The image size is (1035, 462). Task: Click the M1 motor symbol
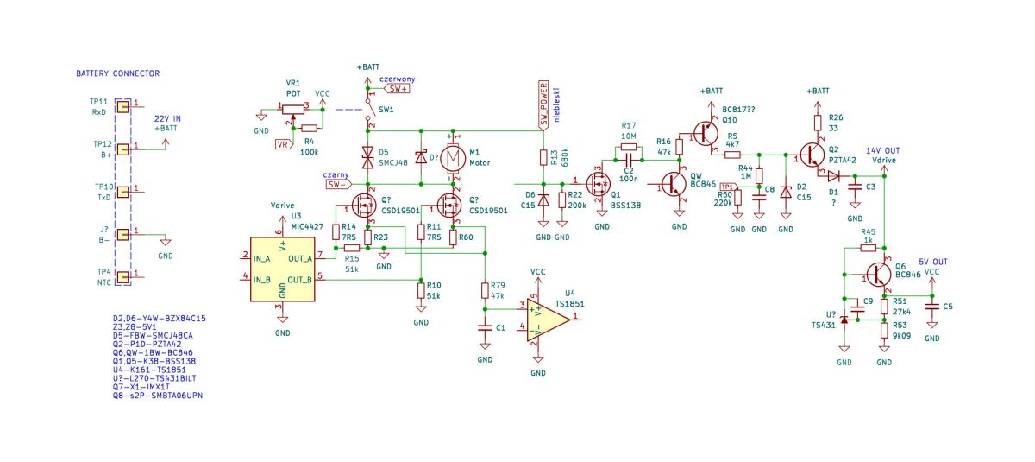453,159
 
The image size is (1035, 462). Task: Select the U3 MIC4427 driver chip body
282,269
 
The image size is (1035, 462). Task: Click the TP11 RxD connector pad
122,107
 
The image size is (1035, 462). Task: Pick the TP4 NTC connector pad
122,277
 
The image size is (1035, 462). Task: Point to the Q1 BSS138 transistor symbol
599,184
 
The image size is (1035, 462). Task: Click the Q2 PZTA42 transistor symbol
812,155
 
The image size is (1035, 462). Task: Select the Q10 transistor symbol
706,134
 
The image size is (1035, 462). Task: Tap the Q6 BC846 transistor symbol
878,275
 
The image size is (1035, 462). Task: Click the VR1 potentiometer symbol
293,110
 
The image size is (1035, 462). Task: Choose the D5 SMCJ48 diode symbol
367,157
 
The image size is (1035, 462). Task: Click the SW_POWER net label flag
544,105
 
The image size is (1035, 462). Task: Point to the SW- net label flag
339,185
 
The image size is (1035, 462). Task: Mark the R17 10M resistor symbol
629,147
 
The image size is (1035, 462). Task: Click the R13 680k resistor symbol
544,157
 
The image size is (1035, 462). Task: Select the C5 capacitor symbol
932,307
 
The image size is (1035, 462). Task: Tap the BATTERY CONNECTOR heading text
118,73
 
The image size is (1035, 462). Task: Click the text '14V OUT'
882,151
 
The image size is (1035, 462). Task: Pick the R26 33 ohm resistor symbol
818,123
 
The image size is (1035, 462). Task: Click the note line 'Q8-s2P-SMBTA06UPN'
158,396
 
